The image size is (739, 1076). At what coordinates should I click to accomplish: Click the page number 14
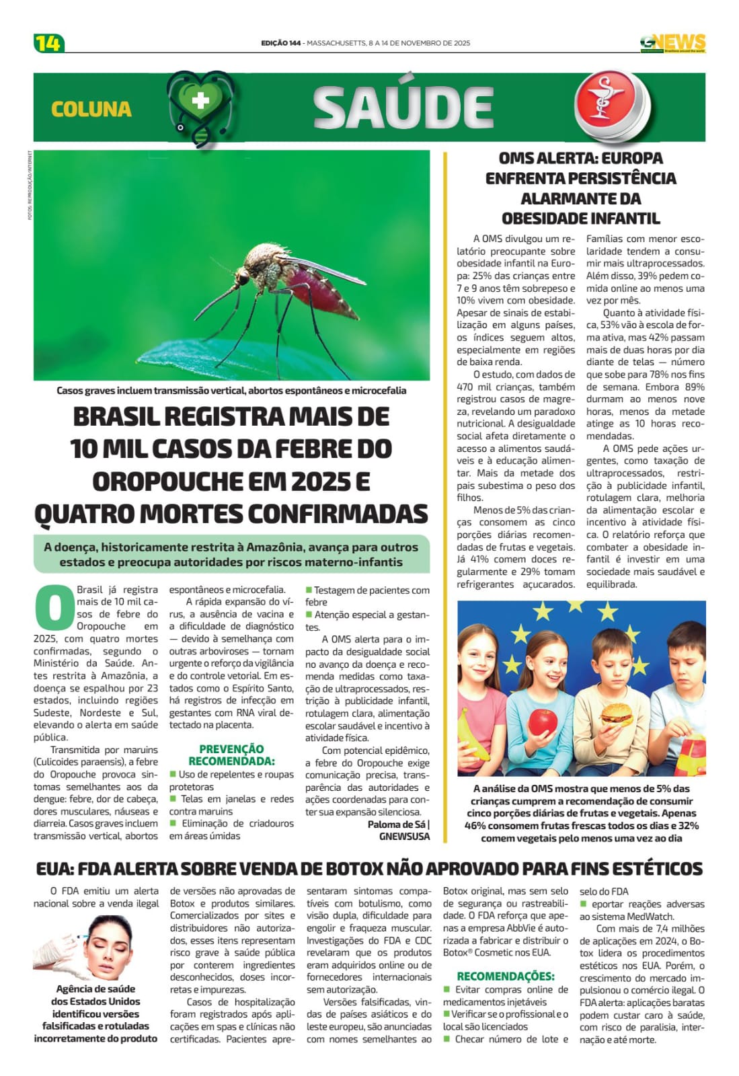(x=48, y=43)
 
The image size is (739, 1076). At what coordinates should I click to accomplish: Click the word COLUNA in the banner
(x=91, y=109)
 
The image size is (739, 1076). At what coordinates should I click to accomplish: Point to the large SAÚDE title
(x=403, y=108)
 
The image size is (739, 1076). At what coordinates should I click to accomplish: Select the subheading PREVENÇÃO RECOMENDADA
(x=231, y=755)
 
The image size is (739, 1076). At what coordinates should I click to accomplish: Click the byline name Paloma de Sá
(x=396, y=824)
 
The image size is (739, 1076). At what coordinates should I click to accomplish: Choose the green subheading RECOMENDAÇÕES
(x=506, y=976)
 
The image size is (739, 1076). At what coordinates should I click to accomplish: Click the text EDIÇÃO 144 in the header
(x=280, y=43)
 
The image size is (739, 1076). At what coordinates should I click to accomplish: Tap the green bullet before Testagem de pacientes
(x=309, y=590)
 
